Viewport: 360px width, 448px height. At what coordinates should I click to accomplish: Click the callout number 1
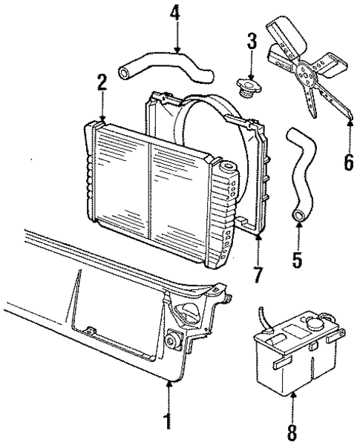click(x=171, y=421)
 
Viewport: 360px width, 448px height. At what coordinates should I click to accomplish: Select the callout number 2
click(x=102, y=85)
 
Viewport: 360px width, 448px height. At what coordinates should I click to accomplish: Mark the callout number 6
click(x=348, y=162)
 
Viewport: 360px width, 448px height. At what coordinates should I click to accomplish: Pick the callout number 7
click(x=258, y=274)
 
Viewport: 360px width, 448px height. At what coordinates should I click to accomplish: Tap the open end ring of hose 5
click(x=299, y=216)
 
